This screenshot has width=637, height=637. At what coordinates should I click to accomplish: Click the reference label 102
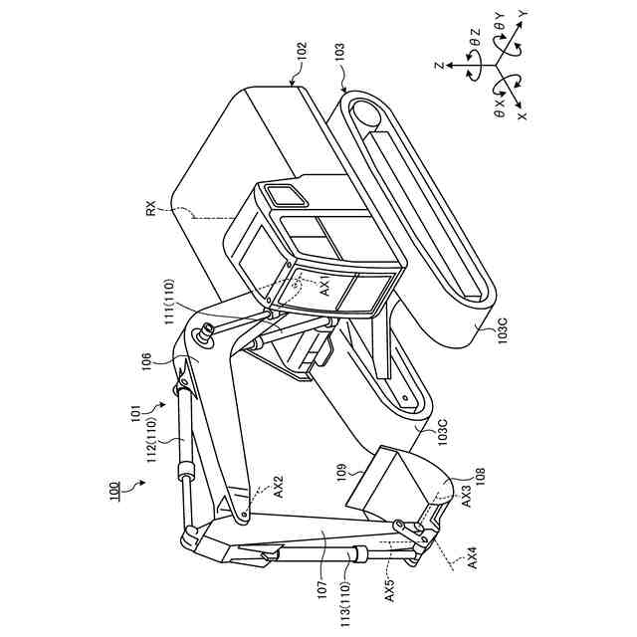coord(303,51)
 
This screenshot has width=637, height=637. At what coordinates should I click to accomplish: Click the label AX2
coord(280,486)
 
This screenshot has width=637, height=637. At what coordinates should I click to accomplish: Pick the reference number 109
coord(340,470)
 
